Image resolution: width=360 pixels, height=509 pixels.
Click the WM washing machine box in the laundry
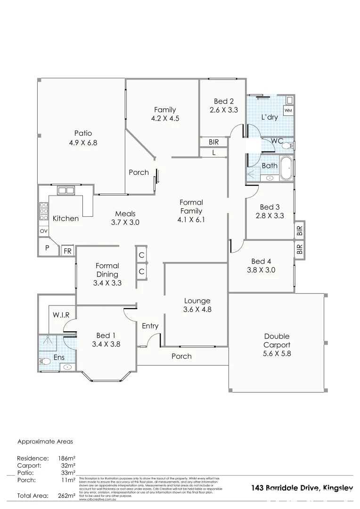coord(288,110)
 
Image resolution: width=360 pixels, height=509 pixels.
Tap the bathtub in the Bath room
coord(286,169)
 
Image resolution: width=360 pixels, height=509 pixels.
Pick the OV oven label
coord(43,231)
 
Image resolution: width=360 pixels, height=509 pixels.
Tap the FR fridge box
coord(68,251)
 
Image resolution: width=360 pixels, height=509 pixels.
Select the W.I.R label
coord(61,314)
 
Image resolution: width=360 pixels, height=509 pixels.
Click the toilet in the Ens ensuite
coord(44,362)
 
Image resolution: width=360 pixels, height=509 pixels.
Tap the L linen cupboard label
coord(213,153)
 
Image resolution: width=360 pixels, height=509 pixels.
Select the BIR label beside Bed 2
coord(213,141)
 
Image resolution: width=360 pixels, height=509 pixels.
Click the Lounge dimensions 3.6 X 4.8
coord(197,310)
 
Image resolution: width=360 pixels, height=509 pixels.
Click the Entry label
coord(150,326)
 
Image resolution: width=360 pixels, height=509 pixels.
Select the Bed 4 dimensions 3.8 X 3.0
coord(261,270)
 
